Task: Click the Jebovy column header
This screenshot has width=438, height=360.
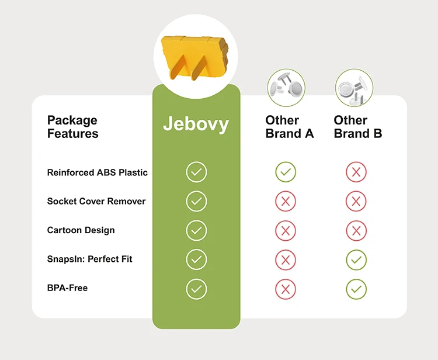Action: pyautogui.click(x=196, y=124)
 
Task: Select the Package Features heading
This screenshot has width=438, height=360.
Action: pyautogui.click(x=72, y=127)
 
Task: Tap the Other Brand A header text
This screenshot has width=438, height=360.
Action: pyautogui.click(x=290, y=127)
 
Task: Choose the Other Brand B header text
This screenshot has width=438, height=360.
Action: pyautogui.click(x=358, y=127)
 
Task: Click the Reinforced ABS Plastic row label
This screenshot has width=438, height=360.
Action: pyautogui.click(x=98, y=172)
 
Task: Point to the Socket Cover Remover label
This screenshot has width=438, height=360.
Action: pyautogui.click(x=96, y=201)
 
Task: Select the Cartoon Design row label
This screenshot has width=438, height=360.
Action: pyautogui.click(x=81, y=230)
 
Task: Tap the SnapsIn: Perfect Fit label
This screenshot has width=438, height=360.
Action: pyautogui.click(x=89, y=259)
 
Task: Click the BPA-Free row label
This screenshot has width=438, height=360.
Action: pyautogui.click(x=67, y=288)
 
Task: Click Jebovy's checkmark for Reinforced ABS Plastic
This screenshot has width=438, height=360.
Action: pyautogui.click(x=196, y=172)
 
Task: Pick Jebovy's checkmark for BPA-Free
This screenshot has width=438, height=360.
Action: pyautogui.click(x=196, y=289)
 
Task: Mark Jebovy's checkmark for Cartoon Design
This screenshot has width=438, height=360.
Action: pyautogui.click(x=196, y=230)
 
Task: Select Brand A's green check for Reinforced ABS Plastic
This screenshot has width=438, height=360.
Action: pyautogui.click(x=286, y=172)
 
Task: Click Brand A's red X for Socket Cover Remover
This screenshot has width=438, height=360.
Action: pyautogui.click(x=286, y=202)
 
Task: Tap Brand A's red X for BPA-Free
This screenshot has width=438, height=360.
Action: pyautogui.click(x=286, y=289)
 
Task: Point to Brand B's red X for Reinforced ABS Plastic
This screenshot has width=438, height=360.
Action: pyautogui.click(x=356, y=172)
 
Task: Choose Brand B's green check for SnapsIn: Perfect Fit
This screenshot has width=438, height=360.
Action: pyautogui.click(x=356, y=259)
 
